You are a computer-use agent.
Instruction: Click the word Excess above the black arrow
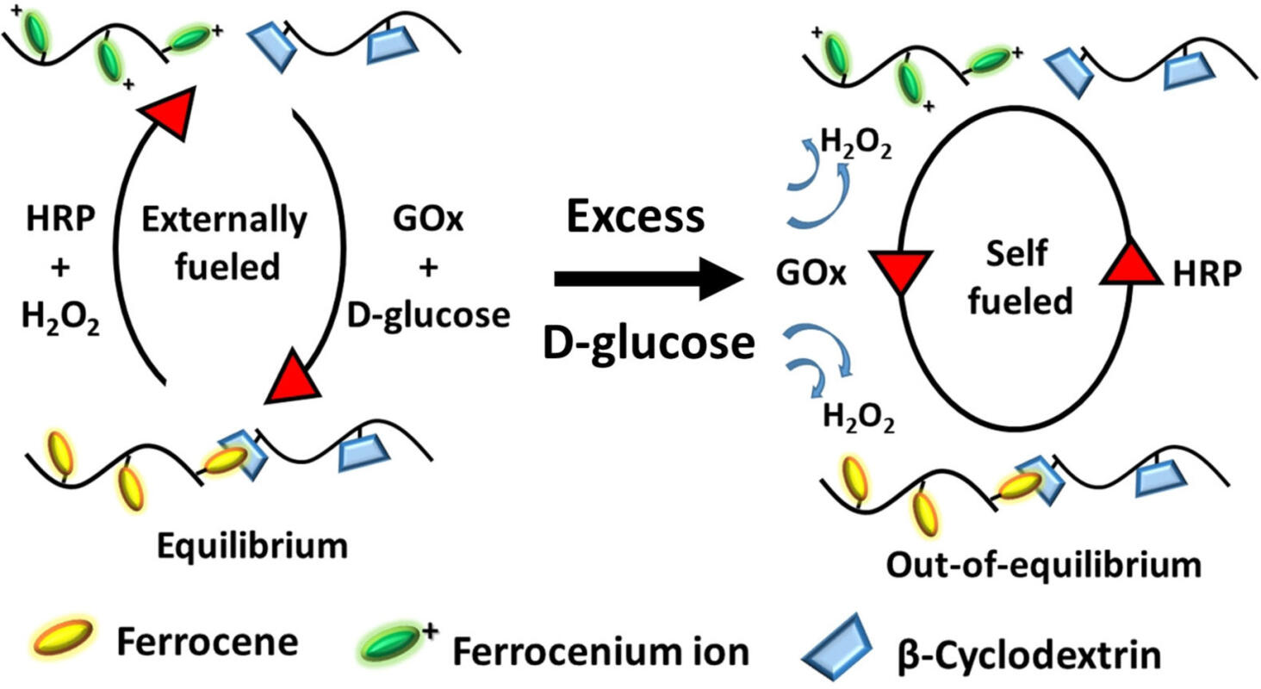(x=636, y=219)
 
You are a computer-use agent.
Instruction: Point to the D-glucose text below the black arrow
(x=648, y=344)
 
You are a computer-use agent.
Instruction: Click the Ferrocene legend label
(x=208, y=641)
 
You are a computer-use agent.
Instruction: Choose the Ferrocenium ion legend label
(x=601, y=652)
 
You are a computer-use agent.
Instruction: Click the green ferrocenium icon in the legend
(x=390, y=646)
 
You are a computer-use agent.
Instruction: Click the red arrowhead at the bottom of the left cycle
(x=291, y=380)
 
